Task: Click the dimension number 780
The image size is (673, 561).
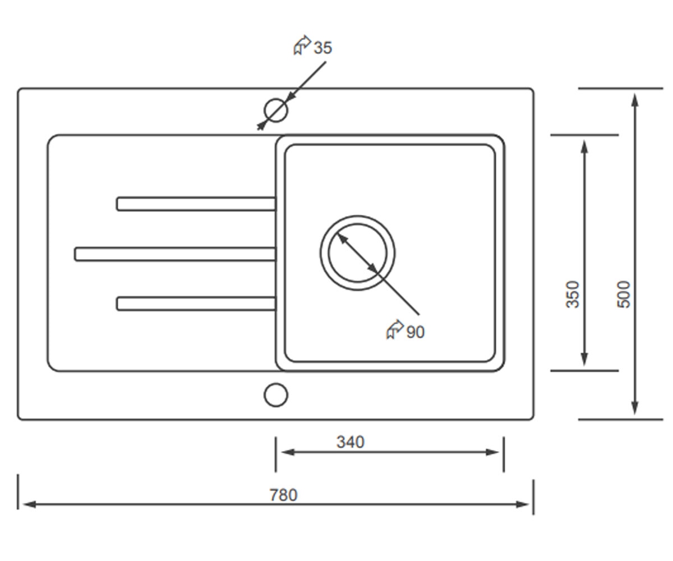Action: pyautogui.click(x=283, y=495)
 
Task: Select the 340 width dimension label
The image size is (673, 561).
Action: pyautogui.click(x=351, y=442)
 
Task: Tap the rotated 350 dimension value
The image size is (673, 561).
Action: pyautogui.click(x=573, y=295)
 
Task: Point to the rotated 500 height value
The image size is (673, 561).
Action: pyautogui.click(x=624, y=295)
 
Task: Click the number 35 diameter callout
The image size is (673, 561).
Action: pyautogui.click(x=322, y=48)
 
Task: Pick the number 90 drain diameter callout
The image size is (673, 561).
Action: pyautogui.click(x=416, y=332)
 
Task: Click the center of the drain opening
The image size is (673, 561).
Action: pyautogui.click(x=357, y=253)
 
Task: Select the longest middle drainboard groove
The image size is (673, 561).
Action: pyautogui.click(x=176, y=254)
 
